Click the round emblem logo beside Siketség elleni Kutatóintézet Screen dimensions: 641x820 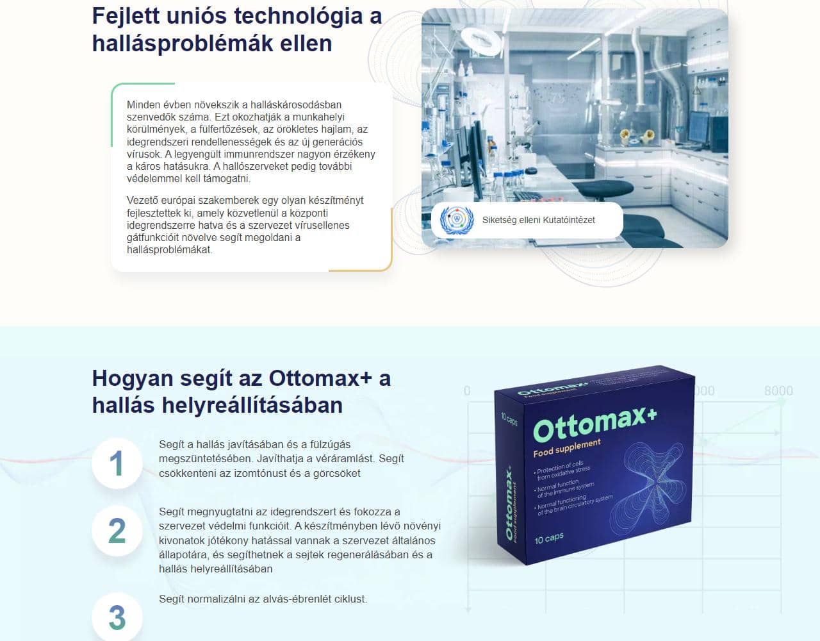coord(457,220)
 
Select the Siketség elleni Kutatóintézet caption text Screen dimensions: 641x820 coord(538,220)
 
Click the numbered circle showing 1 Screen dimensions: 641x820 coord(117,463)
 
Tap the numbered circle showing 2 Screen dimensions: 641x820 coord(117,531)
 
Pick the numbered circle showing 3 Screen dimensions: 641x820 coord(117,617)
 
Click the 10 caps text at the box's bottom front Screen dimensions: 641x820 coord(549,538)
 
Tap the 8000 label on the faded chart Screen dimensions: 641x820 coord(778,390)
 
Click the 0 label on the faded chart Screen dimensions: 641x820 coord(467,390)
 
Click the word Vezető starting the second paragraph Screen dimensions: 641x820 coord(143,200)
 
